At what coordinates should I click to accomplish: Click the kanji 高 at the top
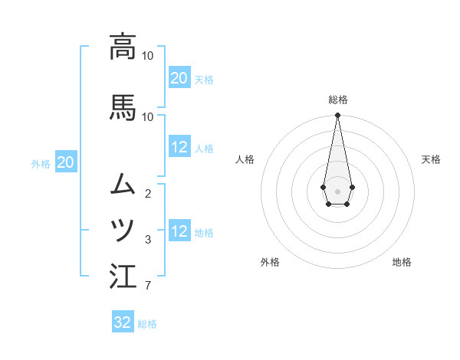pos(123,47)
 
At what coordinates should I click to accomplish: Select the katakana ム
pos(123,184)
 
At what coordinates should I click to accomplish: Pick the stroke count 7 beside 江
pos(147,286)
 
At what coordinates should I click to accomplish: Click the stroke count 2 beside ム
pos(147,194)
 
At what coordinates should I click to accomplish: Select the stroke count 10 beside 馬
pos(147,116)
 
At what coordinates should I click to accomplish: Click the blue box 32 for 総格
pos(123,322)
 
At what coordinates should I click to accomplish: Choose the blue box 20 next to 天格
pos(179,78)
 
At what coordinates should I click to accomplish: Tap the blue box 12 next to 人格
pos(179,147)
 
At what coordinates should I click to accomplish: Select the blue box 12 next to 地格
pos(179,231)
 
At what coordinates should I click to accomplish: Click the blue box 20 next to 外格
pos(65,162)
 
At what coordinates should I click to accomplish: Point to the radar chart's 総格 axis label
pos(337,100)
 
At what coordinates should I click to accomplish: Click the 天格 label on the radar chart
pos(431,159)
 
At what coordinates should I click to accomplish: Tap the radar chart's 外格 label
pos(270,262)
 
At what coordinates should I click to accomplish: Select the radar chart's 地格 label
pos(402,262)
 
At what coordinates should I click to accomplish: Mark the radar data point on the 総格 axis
pos(337,116)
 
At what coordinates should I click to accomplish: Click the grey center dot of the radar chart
pos(337,191)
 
